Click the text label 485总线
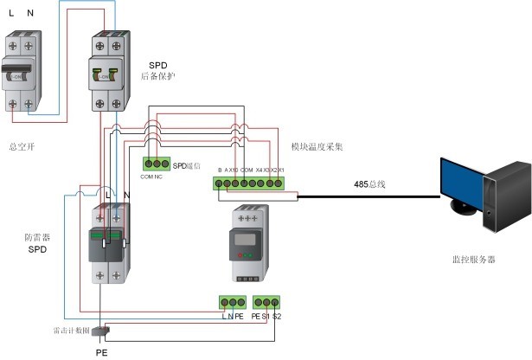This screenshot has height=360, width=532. [x=370, y=184]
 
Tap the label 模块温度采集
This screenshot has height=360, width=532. [x=317, y=148]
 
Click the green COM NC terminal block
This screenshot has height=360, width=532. [x=156, y=164]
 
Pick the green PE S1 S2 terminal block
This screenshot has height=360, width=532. [x=266, y=303]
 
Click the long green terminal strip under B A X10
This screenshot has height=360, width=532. [x=255, y=183]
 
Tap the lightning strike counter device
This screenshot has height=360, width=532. [x=100, y=331]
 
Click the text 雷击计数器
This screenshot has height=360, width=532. [x=71, y=331]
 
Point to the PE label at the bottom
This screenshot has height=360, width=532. [x=100, y=352]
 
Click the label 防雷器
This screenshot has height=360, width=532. [x=35, y=235]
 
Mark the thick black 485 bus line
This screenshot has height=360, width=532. [x=372, y=196]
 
